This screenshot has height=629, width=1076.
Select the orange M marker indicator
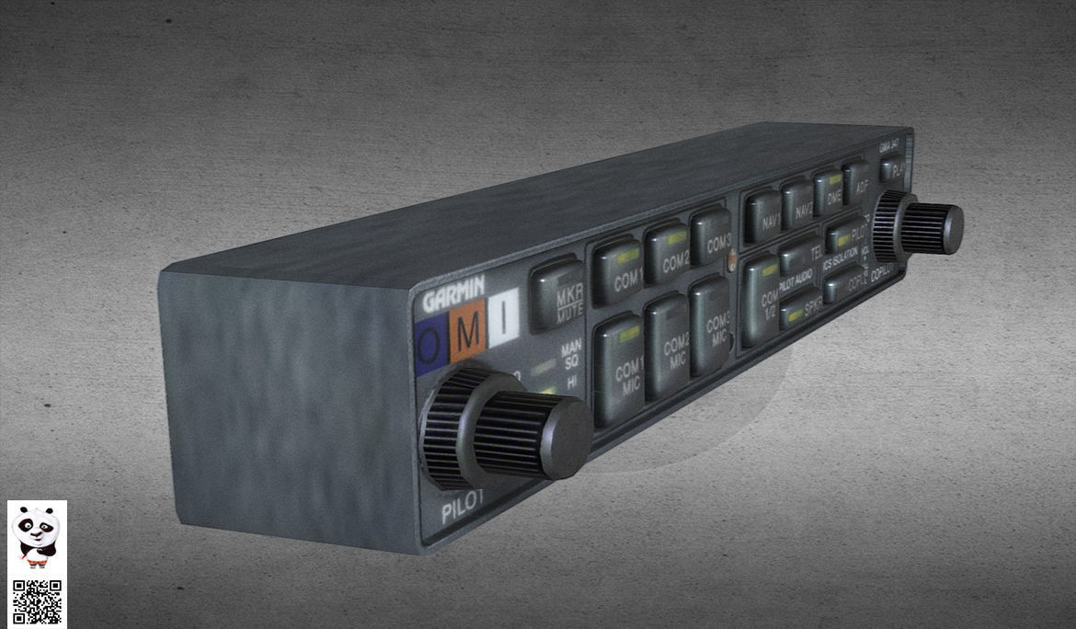coord(468,331)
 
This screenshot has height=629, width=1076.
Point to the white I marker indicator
coord(503,318)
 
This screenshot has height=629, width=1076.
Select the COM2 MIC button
coord(668,348)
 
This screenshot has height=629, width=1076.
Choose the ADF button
coord(857,182)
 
